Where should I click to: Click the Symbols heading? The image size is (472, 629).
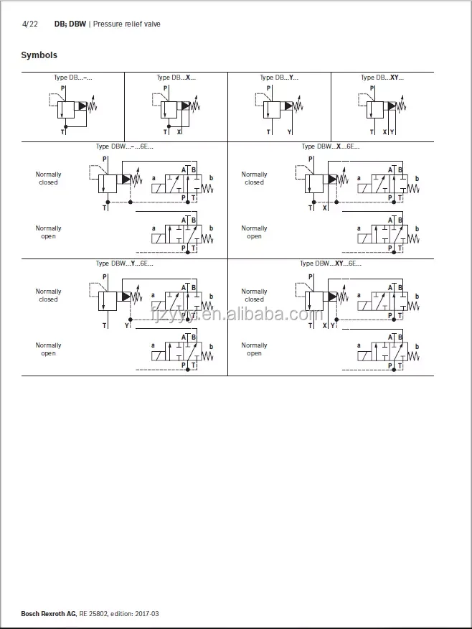[39, 55]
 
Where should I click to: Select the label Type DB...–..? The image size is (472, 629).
[73, 78]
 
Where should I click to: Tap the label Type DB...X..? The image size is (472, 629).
[176, 78]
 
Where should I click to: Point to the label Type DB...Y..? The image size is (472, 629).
[279, 78]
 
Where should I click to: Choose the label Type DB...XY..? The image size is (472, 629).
[382, 78]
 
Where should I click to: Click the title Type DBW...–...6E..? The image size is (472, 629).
[125, 146]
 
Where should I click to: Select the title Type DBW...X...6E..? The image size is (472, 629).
[331, 146]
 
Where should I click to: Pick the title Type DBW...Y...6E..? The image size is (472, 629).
[125, 264]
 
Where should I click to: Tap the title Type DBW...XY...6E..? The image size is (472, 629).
[331, 264]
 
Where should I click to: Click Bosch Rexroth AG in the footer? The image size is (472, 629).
[48, 613]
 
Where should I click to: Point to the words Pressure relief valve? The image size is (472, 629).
[127, 24]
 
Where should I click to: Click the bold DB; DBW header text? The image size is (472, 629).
[70, 24]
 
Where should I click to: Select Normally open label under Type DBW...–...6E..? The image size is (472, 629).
[48, 232]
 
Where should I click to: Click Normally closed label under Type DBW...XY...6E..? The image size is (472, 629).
[254, 295]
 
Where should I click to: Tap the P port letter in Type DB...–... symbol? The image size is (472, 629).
[62, 88]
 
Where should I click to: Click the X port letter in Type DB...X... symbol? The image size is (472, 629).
[179, 132]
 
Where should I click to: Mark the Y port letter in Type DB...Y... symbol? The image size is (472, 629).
[290, 132]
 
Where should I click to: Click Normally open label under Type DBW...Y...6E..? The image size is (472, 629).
[48, 349]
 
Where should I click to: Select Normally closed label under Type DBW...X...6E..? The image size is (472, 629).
[254, 178]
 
